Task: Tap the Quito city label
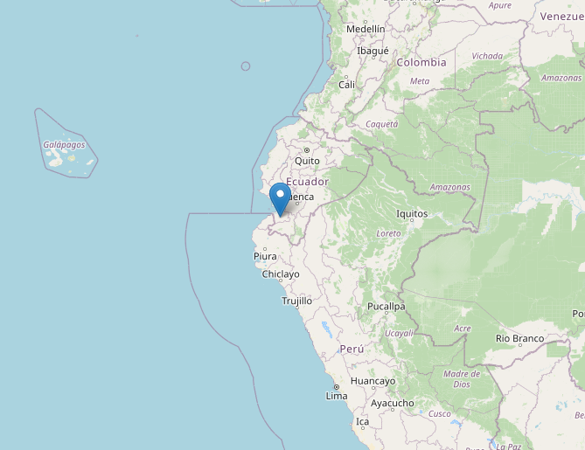point(307,161)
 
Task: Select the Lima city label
point(337,396)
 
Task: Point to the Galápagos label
point(64,145)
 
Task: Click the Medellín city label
point(366,29)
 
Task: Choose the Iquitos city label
point(412,213)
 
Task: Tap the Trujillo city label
point(296,301)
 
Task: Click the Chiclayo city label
point(281,274)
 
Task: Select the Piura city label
point(265,256)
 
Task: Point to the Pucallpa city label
point(386,307)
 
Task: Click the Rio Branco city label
point(519,338)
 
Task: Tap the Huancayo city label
point(373,381)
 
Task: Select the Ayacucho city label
point(393,403)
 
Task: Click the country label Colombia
point(421,62)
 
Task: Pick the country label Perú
point(352,348)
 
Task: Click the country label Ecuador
point(307,181)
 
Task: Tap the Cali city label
point(347,85)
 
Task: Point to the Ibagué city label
point(373,51)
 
